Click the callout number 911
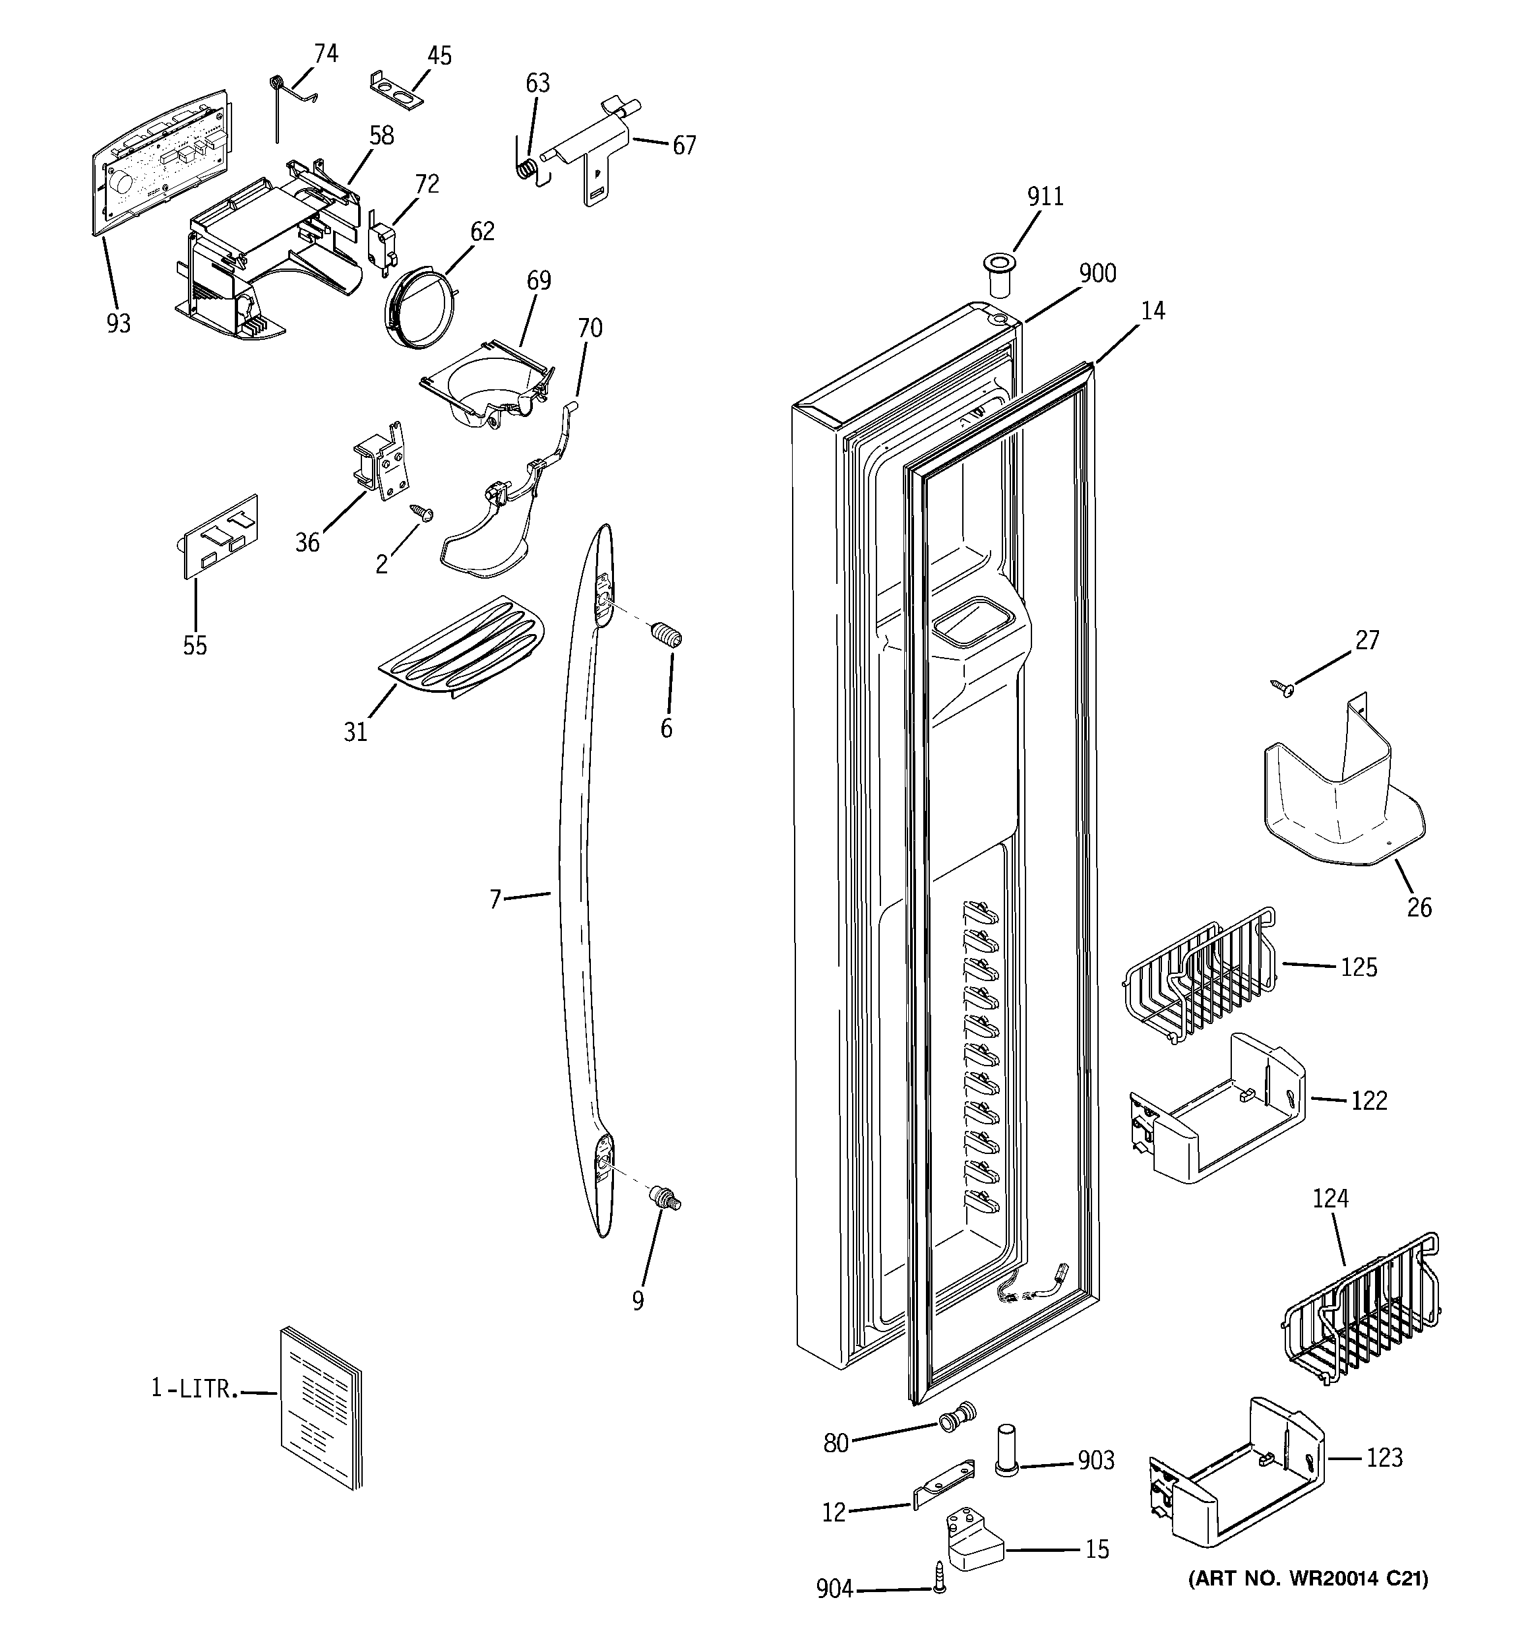tap(1045, 197)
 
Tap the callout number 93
tap(118, 324)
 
